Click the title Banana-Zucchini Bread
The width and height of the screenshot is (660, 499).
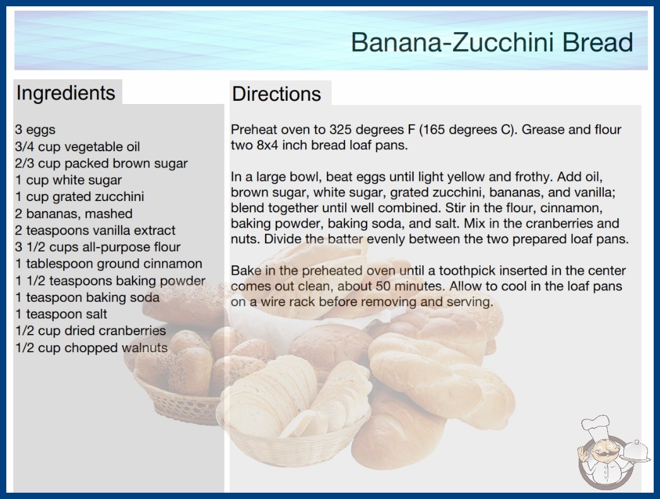(x=492, y=42)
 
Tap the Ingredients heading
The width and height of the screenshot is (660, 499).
(x=66, y=93)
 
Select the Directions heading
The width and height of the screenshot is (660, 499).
(x=276, y=94)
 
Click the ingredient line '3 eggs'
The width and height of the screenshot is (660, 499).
(x=35, y=130)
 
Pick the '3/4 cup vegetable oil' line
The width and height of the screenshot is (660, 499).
(x=78, y=147)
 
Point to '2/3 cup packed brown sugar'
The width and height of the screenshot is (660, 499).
(x=102, y=164)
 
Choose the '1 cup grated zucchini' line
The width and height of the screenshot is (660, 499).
(x=80, y=197)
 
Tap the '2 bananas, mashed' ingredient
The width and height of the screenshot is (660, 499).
(x=74, y=214)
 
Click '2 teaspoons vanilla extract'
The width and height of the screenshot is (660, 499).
(x=95, y=231)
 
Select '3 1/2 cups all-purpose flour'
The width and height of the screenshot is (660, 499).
(x=98, y=247)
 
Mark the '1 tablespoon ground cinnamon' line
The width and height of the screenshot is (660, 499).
(x=109, y=264)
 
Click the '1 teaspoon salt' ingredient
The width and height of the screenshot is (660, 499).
(x=61, y=314)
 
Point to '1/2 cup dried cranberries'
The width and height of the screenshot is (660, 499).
(x=90, y=331)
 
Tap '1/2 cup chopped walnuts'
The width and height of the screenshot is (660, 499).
(x=91, y=348)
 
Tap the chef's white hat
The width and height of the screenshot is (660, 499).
(x=595, y=425)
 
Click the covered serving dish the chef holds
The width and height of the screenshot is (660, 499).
(x=635, y=452)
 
